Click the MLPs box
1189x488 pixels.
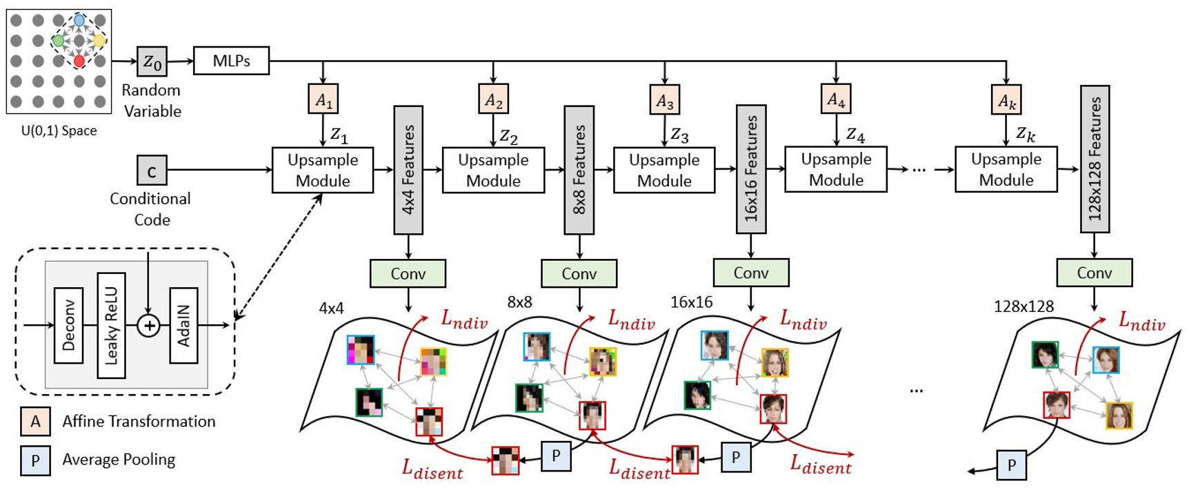pos(231,61)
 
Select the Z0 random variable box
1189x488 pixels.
pos(152,62)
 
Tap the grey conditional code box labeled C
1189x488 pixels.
pos(152,170)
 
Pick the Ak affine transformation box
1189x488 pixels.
pos(1006,100)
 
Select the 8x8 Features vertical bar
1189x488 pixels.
pos(579,169)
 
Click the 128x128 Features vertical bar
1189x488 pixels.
pos(1095,159)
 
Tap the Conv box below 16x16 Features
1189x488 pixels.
pos(750,273)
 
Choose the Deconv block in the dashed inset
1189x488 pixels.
pos(68,325)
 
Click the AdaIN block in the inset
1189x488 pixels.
pos(183,325)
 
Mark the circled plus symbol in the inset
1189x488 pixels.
pos(148,325)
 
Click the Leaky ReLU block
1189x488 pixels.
pos(111,325)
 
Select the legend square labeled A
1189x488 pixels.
pos(35,421)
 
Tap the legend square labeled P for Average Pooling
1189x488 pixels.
pos(35,460)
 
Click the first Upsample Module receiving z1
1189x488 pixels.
pos(323,170)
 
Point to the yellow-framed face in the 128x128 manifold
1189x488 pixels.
pos(1119,416)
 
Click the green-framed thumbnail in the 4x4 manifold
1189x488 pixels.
pos(369,402)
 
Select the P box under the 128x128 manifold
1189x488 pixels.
pos(1011,465)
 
